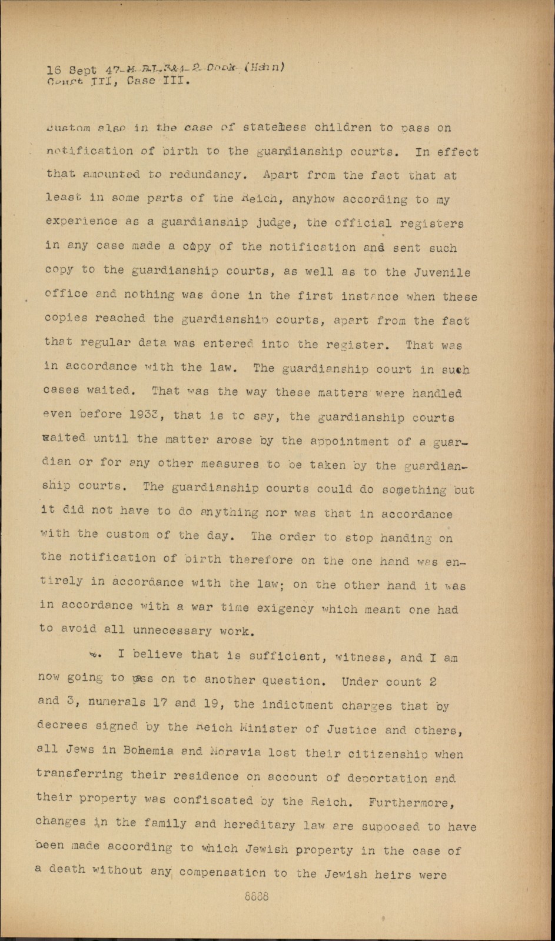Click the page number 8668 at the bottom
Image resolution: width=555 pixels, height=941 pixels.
click(257, 897)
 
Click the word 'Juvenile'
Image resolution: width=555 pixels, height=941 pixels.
click(443, 272)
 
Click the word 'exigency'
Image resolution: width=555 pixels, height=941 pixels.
click(285, 608)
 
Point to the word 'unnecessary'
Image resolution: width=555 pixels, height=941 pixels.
click(172, 631)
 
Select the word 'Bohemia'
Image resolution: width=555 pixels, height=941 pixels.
click(148, 751)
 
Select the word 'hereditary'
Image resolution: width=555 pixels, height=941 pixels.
click(264, 825)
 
